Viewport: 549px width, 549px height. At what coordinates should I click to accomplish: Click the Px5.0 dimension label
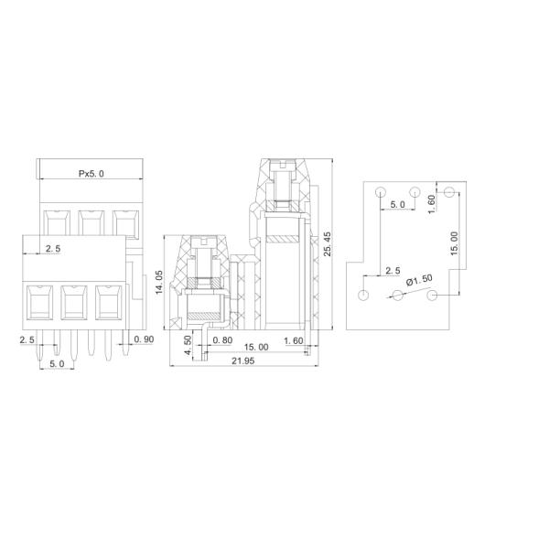[x=91, y=173]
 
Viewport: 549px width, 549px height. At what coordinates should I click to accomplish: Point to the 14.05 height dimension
[x=159, y=282]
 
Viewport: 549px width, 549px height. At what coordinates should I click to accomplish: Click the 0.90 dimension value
[x=143, y=339]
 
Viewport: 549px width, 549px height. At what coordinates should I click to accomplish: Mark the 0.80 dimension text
[x=221, y=339]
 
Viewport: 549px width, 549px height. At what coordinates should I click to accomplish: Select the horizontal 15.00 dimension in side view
[x=256, y=348]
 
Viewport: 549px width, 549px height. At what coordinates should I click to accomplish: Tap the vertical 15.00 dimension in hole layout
[x=455, y=243]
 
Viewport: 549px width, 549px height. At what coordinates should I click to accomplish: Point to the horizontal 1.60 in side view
[x=294, y=339]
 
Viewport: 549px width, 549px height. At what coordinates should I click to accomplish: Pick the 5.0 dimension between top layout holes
[x=398, y=204]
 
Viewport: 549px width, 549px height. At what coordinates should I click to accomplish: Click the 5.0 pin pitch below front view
[x=57, y=363]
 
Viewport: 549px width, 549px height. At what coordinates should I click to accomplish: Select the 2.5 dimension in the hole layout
[x=393, y=272]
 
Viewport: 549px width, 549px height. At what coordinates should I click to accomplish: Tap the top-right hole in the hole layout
[x=449, y=192]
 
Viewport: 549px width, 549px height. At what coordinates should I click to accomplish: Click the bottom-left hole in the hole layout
[x=364, y=296]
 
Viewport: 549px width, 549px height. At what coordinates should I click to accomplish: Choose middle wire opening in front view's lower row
[x=73, y=302]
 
